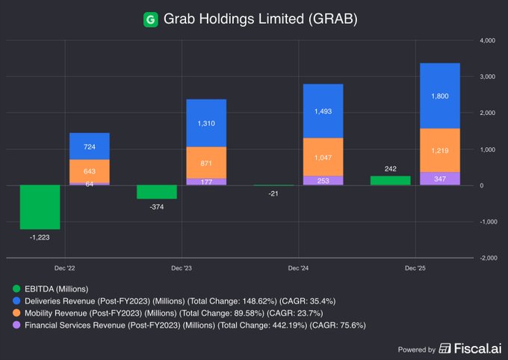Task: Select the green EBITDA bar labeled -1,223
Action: pyautogui.click(x=40, y=207)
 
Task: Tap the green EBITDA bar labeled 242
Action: pyautogui.click(x=390, y=180)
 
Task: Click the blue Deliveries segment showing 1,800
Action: pyautogui.click(x=440, y=96)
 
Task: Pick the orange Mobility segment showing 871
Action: pyautogui.click(x=206, y=162)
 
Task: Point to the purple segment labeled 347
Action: pyautogui.click(x=440, y=179)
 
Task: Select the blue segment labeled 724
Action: pyautogui.click(x=90, y=146)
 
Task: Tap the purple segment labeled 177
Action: pyautogui.click(x=206, y=181)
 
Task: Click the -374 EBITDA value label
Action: pyautogui.click(x=156, y=207)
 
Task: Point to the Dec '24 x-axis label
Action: pyautogui.click(x=298, y=267)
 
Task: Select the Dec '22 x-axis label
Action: pyautogui.click(x=64, y=267)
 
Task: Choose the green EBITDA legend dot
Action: pyautogui.click(x=16, y=288)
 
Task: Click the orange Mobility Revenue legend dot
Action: pyautogui.click(x=16, y=312)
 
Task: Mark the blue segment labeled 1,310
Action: pyautogui.click(x=206, y=123)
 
